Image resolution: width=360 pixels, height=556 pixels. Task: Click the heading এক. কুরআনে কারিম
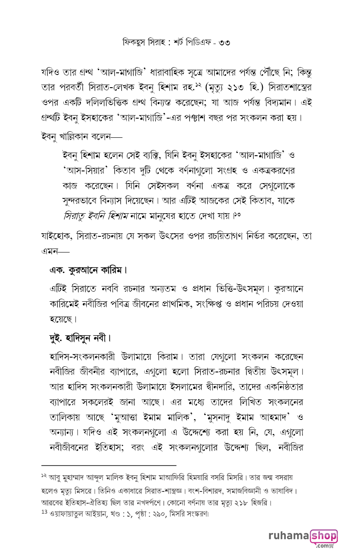coord(88,270)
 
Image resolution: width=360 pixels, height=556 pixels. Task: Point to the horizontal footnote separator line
coord(109,466)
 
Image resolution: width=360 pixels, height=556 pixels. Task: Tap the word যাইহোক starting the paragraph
coord(55,236)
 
